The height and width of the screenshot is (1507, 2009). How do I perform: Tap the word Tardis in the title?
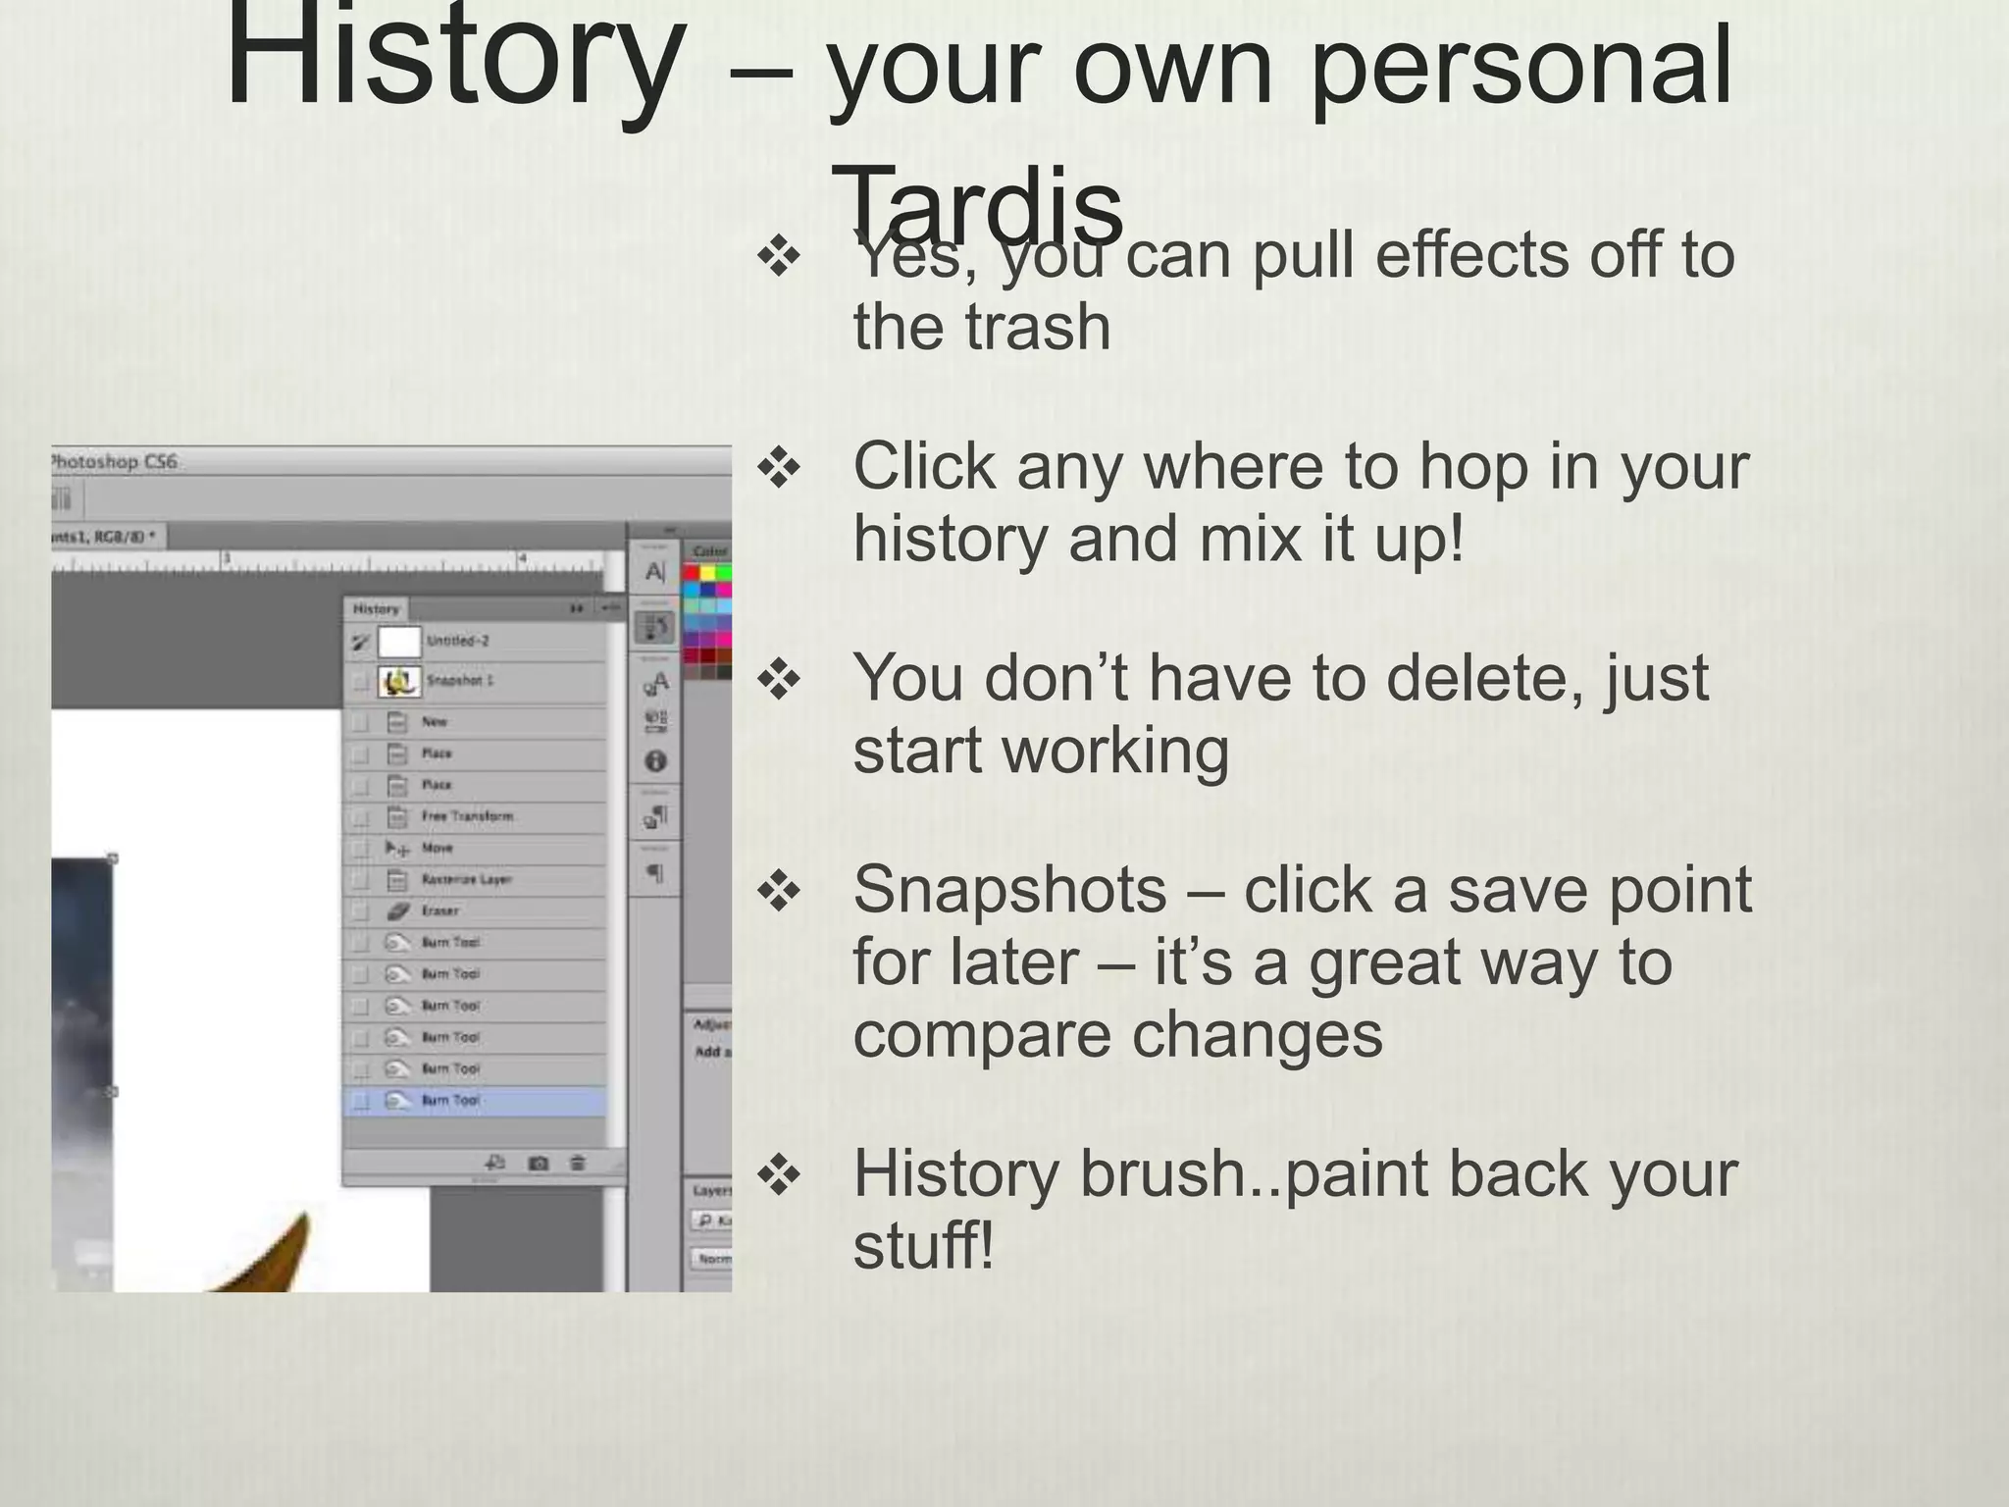[x=977, y=206]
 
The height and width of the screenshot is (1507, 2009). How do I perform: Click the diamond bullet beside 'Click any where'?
[x=780, y=469]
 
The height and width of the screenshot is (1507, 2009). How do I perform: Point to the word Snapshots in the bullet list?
[x=1009, y=890]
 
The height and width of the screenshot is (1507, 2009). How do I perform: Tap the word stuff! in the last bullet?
[x=923, y=1245]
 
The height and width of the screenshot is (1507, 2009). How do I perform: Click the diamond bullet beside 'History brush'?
[x=780, y=1175]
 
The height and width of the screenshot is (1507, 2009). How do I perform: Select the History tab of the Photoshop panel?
[x=376, y=608]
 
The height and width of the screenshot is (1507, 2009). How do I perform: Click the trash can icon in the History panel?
[x=578, y=1163]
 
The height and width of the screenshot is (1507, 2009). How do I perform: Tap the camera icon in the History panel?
[x=538, y=1163]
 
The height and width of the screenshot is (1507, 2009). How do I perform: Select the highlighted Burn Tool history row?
[x=475, y=1101]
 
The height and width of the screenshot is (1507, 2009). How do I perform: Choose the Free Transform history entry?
[x=467, y=816]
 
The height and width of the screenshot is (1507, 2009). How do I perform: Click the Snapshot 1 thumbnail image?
[x=399, y=681]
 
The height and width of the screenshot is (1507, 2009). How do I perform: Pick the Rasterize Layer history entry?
[x=467, y=879]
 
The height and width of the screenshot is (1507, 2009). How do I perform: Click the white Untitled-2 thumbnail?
[x=399, y=642]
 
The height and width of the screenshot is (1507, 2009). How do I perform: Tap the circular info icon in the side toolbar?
[x=656, y=760]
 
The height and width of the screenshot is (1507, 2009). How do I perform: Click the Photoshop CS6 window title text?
[x=114, y=461]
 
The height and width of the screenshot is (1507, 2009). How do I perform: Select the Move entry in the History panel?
[x=437, y=848]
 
